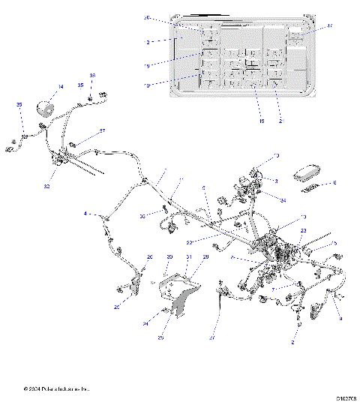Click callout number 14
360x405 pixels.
pos(61,88)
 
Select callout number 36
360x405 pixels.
pos(93,76)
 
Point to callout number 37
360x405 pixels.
pos(103,130)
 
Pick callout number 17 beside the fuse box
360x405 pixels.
pos(329,26)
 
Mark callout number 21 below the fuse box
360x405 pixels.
pos(281,121)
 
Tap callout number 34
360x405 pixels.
pos(282,200)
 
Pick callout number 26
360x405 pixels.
pos(149,257)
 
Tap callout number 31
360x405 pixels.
pos(189,257)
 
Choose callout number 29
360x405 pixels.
pos(205,257)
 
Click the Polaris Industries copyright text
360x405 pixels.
pos(56,389)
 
